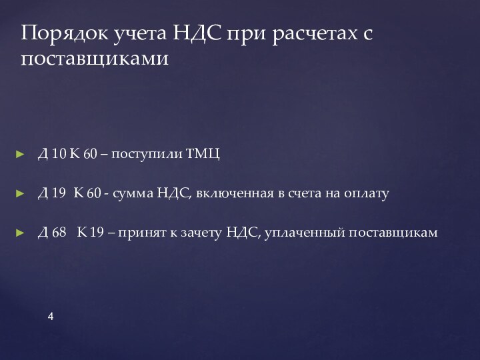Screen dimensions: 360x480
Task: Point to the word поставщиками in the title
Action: point(95,59)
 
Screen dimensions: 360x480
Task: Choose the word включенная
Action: point(235,194)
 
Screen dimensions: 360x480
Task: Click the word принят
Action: point(139,233)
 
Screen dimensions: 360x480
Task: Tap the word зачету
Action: point(198,233)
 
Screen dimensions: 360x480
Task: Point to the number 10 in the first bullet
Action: point(58,155)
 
